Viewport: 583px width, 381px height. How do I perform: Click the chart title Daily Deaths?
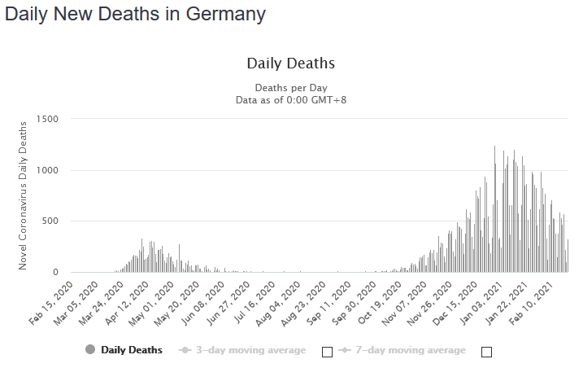[x=290, y=63]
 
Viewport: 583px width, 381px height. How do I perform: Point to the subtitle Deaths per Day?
[x=290, y=87]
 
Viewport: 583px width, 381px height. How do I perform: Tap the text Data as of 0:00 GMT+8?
[x=290, y=99]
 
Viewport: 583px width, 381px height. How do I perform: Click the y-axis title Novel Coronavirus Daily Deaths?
[x=24, y=195]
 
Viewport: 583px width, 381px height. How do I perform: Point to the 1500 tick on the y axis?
[x=47, y=119]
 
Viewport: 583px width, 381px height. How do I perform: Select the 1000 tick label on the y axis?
[x=47, y=170]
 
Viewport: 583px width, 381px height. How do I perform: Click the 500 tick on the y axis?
[x=50, y=221]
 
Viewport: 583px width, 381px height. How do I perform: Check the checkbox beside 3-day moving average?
[x=327, y=352]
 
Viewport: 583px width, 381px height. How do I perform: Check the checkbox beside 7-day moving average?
[x=487, y=352]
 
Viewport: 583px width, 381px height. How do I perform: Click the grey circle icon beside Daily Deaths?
[x=90, y=350]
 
